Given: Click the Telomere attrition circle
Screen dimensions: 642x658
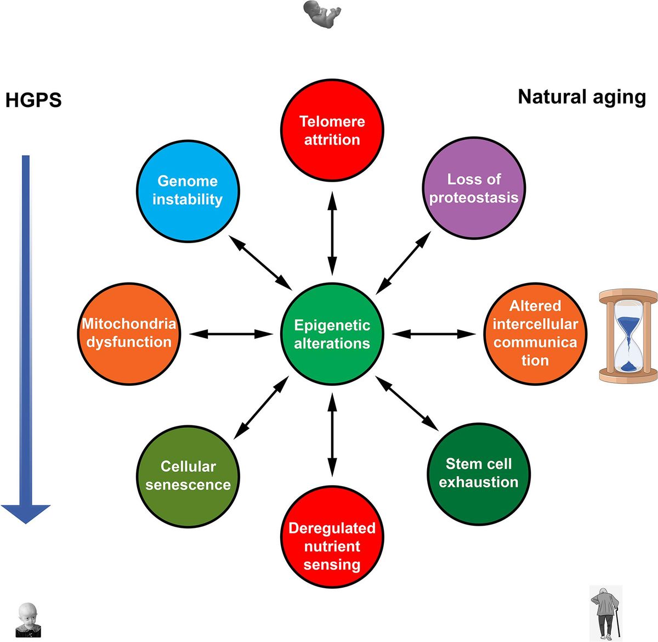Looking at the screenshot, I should (332, 131).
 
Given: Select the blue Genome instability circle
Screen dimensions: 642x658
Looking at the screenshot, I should (187, 190).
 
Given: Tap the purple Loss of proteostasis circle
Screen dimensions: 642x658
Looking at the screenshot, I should (474, 188).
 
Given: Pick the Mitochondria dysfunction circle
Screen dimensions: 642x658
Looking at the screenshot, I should (129, 333).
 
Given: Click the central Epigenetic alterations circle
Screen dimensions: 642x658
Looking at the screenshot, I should (332, 334).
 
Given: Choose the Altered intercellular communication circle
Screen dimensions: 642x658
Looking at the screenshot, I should (535, 333).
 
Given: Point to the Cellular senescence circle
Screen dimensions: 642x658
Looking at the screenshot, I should (188, 476).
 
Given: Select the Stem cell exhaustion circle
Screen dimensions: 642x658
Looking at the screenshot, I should (478, 473).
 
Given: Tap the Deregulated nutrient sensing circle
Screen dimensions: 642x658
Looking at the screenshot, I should (332, 546).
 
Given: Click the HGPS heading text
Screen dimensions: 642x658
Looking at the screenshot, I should (33, 100).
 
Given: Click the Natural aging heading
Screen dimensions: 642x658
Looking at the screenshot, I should (582, 97).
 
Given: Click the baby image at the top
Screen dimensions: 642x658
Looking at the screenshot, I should (322, 14).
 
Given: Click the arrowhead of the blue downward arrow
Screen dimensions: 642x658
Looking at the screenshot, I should (26, 513).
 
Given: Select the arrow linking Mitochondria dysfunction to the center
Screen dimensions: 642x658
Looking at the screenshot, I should (231, 334).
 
